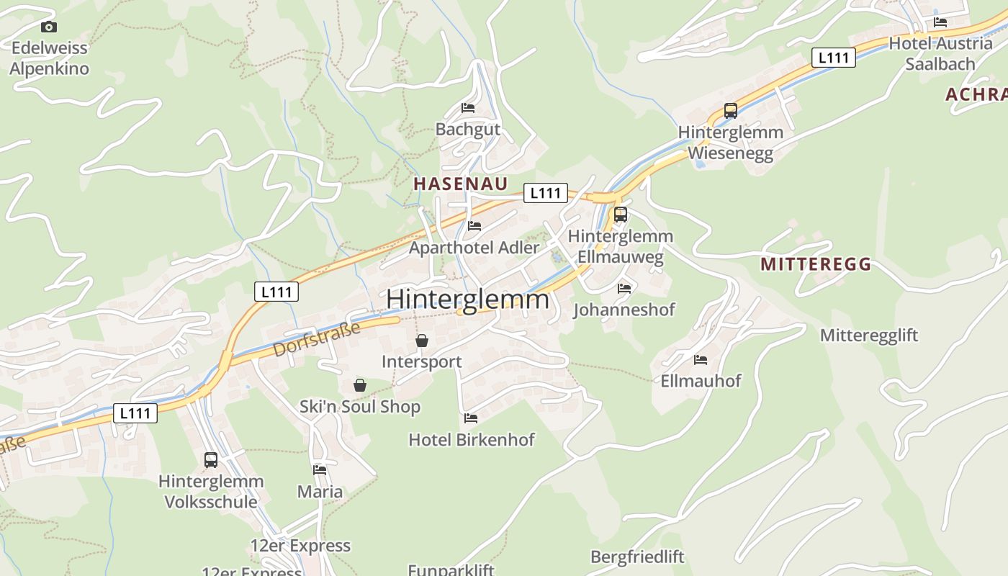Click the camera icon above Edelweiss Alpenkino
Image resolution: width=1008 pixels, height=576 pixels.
click(x=48, y=27)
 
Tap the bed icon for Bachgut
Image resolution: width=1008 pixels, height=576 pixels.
click(x=468, y=108)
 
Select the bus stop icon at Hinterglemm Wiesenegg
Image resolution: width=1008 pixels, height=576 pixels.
click(x=731, y=111)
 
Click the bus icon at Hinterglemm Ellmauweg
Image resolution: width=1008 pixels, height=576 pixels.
click(x=620, y=214)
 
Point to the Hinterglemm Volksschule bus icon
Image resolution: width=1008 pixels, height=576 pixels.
click(x=211, y=460)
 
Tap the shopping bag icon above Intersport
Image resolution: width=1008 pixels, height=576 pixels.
click(x=422, y=341)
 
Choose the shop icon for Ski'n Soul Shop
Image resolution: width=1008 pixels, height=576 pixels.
click(x=360, y=386)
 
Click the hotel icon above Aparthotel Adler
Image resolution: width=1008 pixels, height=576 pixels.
click(x=474, y=226)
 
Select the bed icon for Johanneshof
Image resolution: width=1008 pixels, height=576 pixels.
click(x=624, y=288)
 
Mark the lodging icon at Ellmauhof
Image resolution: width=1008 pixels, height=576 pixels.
click(x=701, y=359)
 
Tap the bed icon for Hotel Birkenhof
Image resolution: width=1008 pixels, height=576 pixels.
click(x=471, y=418)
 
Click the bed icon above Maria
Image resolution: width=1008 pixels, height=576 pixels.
click(x=320, y=470)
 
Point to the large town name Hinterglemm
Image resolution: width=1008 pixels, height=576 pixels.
click(x=467, y=299)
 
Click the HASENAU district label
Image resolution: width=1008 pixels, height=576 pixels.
click(x=461, y=184)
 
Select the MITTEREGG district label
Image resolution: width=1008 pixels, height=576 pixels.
click(x=816, y=264)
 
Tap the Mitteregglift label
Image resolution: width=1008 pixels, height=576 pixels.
click(x=869, y=335)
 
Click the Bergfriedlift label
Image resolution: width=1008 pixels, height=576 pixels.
click(x=637, y=557)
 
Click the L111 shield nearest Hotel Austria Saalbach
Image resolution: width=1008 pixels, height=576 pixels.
click(x=833, y=58)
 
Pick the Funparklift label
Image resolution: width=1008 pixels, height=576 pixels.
click(x=451, y=570)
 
